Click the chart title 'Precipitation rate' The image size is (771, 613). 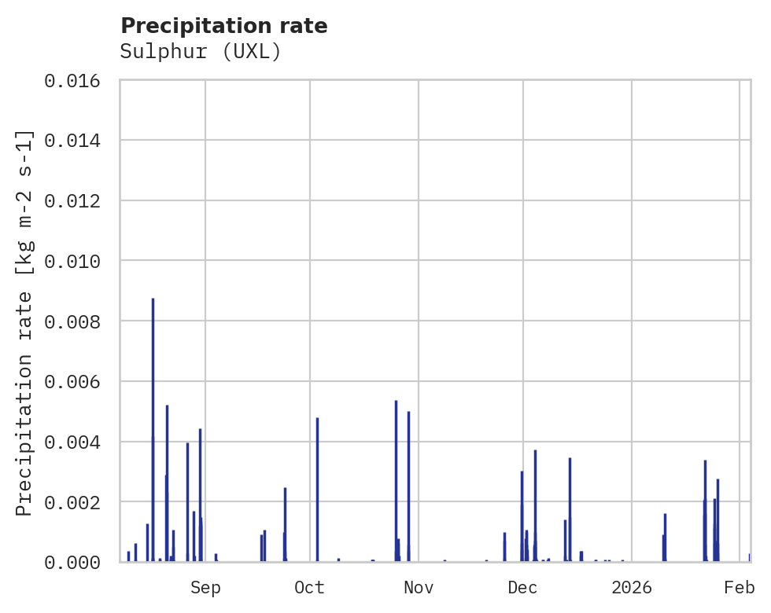coord(224,26)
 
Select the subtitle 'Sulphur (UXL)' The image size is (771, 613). coord(201,52)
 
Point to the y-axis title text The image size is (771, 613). coord(24,322)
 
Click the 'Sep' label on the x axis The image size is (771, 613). coord(205,588)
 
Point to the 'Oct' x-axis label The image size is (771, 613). coord(310,588)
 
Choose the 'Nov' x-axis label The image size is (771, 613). coord(419,588)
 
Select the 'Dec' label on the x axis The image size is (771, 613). coord(523,588)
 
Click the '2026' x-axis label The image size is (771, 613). coord(632,588)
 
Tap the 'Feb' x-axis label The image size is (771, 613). coord(740,588)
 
